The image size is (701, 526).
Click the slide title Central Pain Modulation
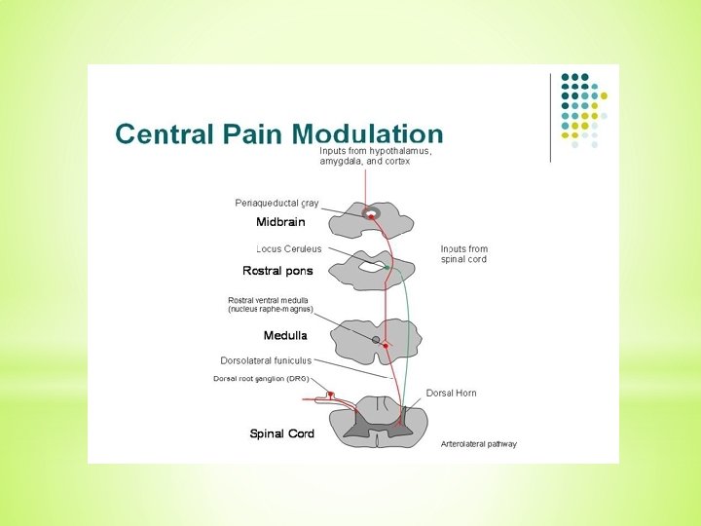(x=279, y=134)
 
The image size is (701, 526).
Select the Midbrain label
(x=280, y=222)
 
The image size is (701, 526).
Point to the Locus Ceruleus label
(x=289, y=249)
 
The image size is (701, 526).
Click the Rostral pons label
(x=277, y=271)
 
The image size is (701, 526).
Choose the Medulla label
(x=285, y=335)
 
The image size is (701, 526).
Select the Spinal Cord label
(x=281, y=433)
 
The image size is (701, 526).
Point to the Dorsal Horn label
(x=451, y=393)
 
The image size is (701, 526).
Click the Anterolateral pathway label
(x=478, y=443)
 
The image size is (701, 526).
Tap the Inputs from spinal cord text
(x=463, y=254)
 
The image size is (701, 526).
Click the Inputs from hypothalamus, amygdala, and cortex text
(x=375, y=156)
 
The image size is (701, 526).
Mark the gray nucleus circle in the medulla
(x=376, y=339)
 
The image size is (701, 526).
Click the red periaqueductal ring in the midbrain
(x=370, y=211)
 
